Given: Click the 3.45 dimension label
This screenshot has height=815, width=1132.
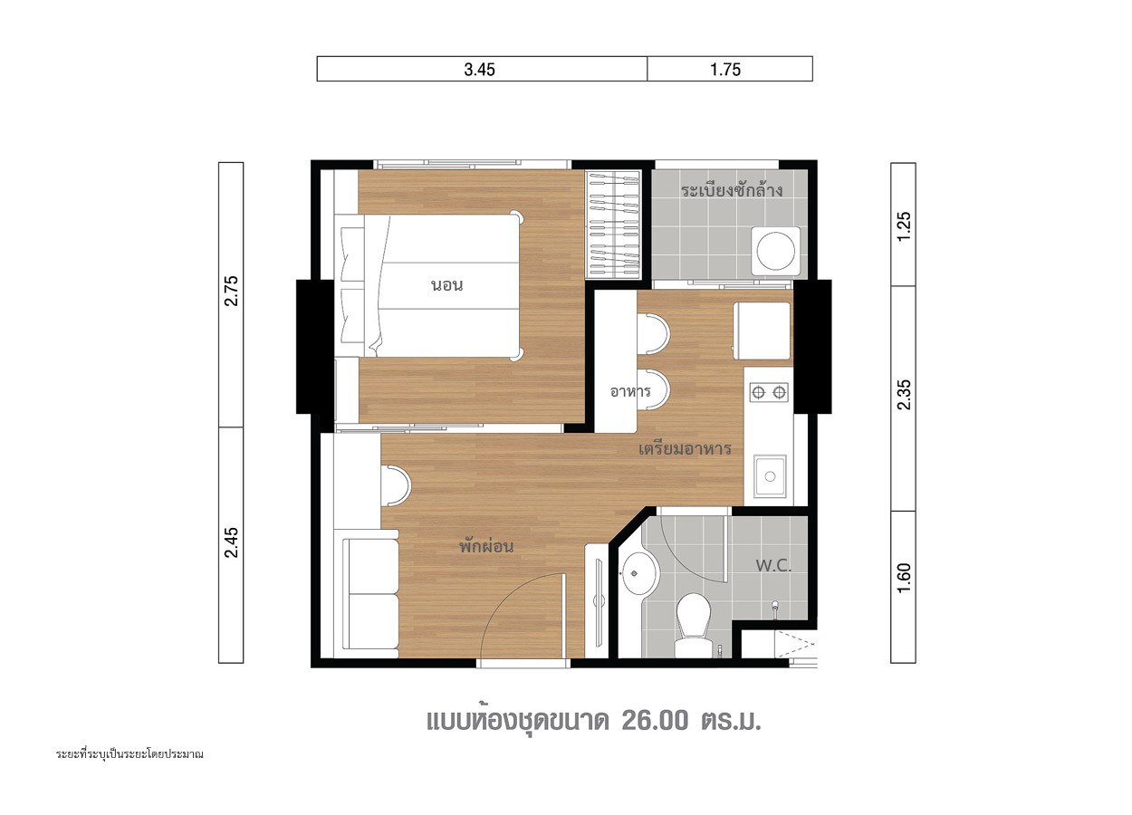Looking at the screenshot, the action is click(479, 69).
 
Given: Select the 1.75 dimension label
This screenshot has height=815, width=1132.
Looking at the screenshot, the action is click(725, 69).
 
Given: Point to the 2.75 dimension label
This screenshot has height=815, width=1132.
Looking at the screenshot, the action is click(232, 291).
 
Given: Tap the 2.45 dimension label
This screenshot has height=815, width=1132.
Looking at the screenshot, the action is click(232, 542).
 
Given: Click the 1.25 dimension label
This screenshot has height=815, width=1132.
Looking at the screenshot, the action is click(904, 226).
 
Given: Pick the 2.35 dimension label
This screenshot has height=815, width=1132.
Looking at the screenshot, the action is click(904, 394).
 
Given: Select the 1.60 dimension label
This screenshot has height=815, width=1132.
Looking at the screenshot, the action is click(904, 578).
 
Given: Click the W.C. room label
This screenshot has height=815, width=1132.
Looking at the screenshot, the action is click(773, 565).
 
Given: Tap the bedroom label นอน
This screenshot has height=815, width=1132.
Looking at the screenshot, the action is click(446, 285).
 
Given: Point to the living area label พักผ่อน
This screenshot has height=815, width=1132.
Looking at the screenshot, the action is click(486, 546).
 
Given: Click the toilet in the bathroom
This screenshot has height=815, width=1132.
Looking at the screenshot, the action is click(694, 626).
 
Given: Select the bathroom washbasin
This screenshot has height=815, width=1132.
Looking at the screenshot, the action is click(638, 573).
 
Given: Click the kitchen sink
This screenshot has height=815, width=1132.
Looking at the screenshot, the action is click(770, 476).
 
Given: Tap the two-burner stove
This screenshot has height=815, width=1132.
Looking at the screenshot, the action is click(768, 392).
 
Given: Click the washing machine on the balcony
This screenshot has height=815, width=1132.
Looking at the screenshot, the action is click(776, 251).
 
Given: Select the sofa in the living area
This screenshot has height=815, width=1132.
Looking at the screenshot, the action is click(369, 594).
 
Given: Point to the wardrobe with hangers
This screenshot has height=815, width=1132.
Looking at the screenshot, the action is click(612, 225).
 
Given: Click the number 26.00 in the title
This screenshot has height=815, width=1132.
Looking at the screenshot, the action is click(655, 721).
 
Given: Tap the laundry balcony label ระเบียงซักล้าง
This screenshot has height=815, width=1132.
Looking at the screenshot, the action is click(731, 191).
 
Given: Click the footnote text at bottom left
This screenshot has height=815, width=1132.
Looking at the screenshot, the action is click(130, 754).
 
